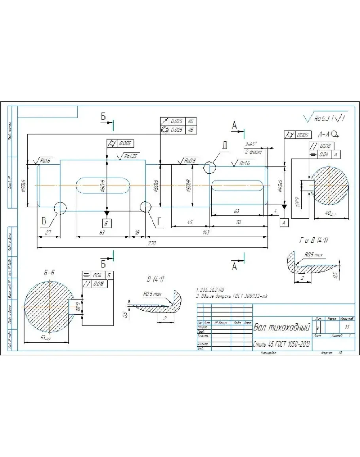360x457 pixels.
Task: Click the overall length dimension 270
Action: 152,244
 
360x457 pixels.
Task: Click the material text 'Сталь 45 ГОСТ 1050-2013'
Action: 282,345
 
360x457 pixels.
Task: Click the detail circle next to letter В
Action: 60,208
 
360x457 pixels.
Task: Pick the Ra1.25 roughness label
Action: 129,156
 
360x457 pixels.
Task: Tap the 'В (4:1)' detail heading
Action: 155,279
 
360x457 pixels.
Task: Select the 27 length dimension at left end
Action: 48,233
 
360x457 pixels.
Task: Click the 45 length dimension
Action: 190,222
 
